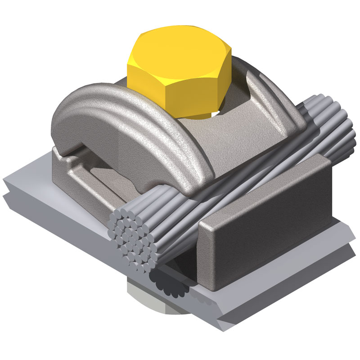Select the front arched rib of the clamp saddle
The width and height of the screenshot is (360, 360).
(135, 117)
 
